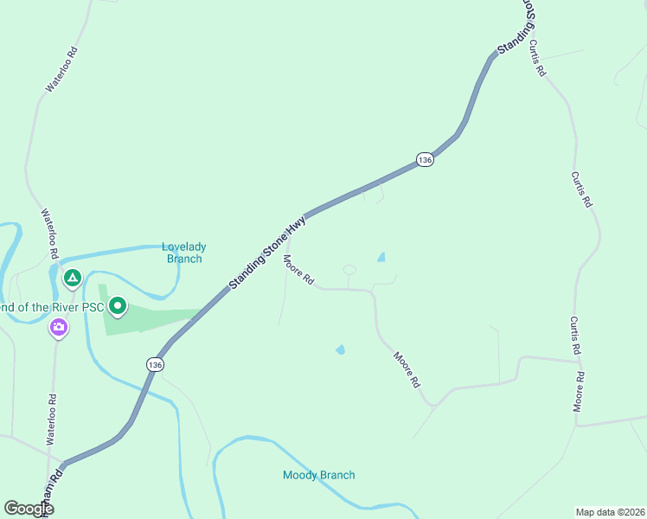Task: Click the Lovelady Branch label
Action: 183,252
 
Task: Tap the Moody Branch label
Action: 318,475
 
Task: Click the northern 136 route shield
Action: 424,160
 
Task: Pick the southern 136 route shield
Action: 155,365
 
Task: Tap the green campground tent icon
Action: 73,279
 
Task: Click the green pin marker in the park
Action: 118,306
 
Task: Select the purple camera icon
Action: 59,327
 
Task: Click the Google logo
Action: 29,509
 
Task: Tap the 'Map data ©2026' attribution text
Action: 609,511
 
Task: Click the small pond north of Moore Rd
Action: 381,257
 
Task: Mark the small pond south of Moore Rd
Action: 340,349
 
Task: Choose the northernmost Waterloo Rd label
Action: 62,69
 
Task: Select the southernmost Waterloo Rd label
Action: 52,413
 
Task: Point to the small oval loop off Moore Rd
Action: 349,270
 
